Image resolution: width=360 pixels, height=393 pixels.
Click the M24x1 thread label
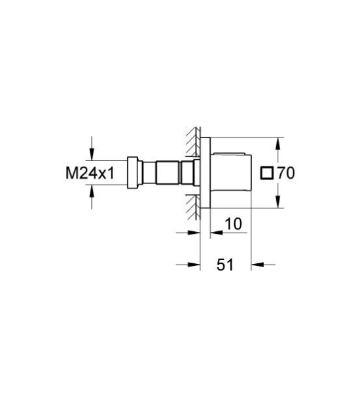90,173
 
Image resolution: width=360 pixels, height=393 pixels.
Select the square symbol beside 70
266,174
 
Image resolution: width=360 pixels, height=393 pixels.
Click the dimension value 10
233,225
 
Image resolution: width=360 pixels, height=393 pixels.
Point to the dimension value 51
226,265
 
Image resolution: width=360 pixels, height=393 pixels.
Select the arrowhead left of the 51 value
194,265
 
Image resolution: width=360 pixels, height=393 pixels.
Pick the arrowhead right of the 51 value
257,265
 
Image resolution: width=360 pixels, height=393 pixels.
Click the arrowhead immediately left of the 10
214,232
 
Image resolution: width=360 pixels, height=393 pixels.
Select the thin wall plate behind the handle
204,173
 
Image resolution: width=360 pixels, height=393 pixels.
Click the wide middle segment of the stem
166,173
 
